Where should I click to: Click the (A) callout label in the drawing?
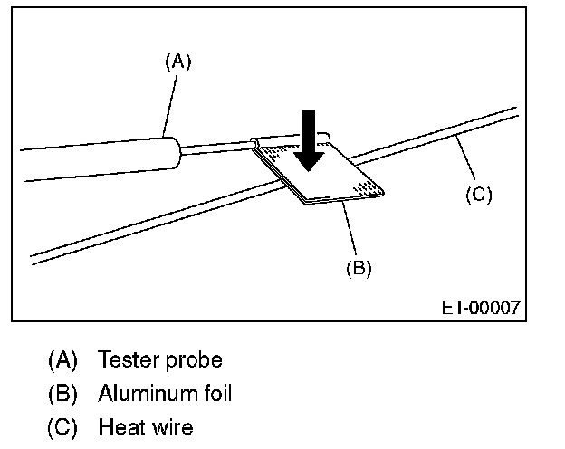[178, 62]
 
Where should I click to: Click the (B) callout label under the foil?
[359, 267]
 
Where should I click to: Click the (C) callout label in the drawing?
[477, 194]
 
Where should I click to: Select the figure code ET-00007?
[481, 308]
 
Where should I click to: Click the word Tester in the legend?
[129, 359]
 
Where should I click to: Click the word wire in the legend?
[171, 425]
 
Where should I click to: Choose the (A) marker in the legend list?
[62, 360]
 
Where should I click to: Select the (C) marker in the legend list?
[62, 425]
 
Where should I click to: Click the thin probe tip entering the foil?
[217, 145]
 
